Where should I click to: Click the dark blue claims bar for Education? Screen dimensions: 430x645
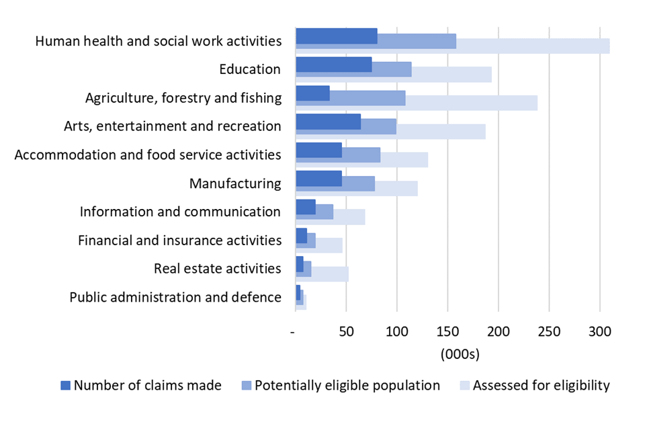(x=333, y=64)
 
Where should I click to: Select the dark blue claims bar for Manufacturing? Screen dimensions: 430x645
(x=318, y=178)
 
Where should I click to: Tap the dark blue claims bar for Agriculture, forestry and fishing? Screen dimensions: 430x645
(x=312, y=93)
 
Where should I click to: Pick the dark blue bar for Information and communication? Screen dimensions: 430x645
(x=306, y=206)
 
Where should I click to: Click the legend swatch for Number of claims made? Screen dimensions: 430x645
(x=65, y=386)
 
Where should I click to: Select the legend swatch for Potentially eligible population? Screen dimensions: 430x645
(x=246, y=386)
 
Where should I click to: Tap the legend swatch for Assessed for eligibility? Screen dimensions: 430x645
(x=464, y=386)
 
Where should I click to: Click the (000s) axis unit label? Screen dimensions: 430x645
(x=460, y=353)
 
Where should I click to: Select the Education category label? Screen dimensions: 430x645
(x=250, y=69)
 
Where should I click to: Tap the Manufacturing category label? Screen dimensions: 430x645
(x=235, y=183)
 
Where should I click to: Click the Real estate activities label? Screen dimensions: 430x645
(x=217, y=269)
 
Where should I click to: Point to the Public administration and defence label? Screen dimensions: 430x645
(x=175, y=297)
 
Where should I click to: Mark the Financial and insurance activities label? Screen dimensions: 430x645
(x=179, y=240)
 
